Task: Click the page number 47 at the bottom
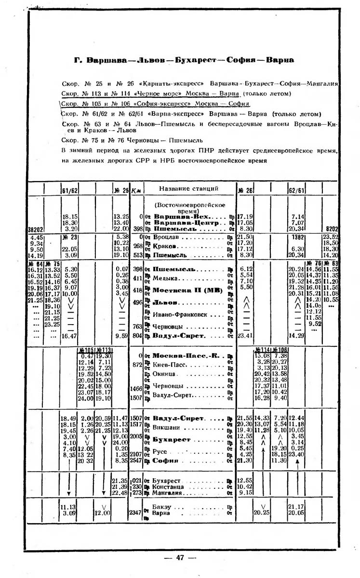coord(180,558)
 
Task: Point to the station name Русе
coord(160,453)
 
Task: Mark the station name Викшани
coord(167,427)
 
